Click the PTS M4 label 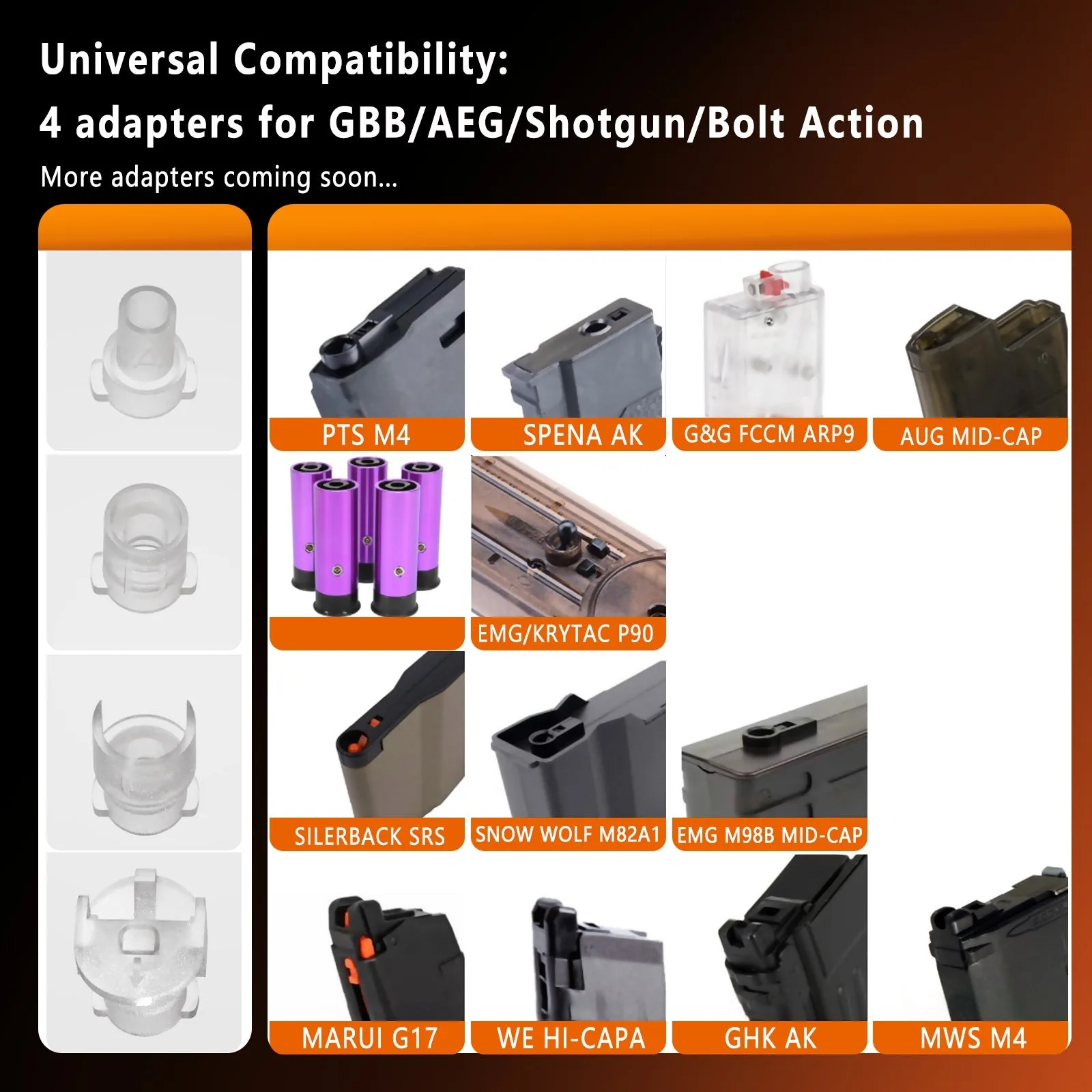click(367, 435)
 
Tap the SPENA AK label click(583, 435)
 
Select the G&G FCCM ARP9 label click(769, 434)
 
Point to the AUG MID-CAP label click(971, 436)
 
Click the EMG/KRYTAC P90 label click(566, 634)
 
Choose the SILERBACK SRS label click(369, 836)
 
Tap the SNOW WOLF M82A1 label click(568, 834)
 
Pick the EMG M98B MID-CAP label click(770, 835)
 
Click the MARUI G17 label click(370, 1038)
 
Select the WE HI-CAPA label click(571, 1038)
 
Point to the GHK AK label click(771, 1038)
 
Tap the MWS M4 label click(973, 1038)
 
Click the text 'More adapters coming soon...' click(219, 177)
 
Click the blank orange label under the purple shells click(367, 633)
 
